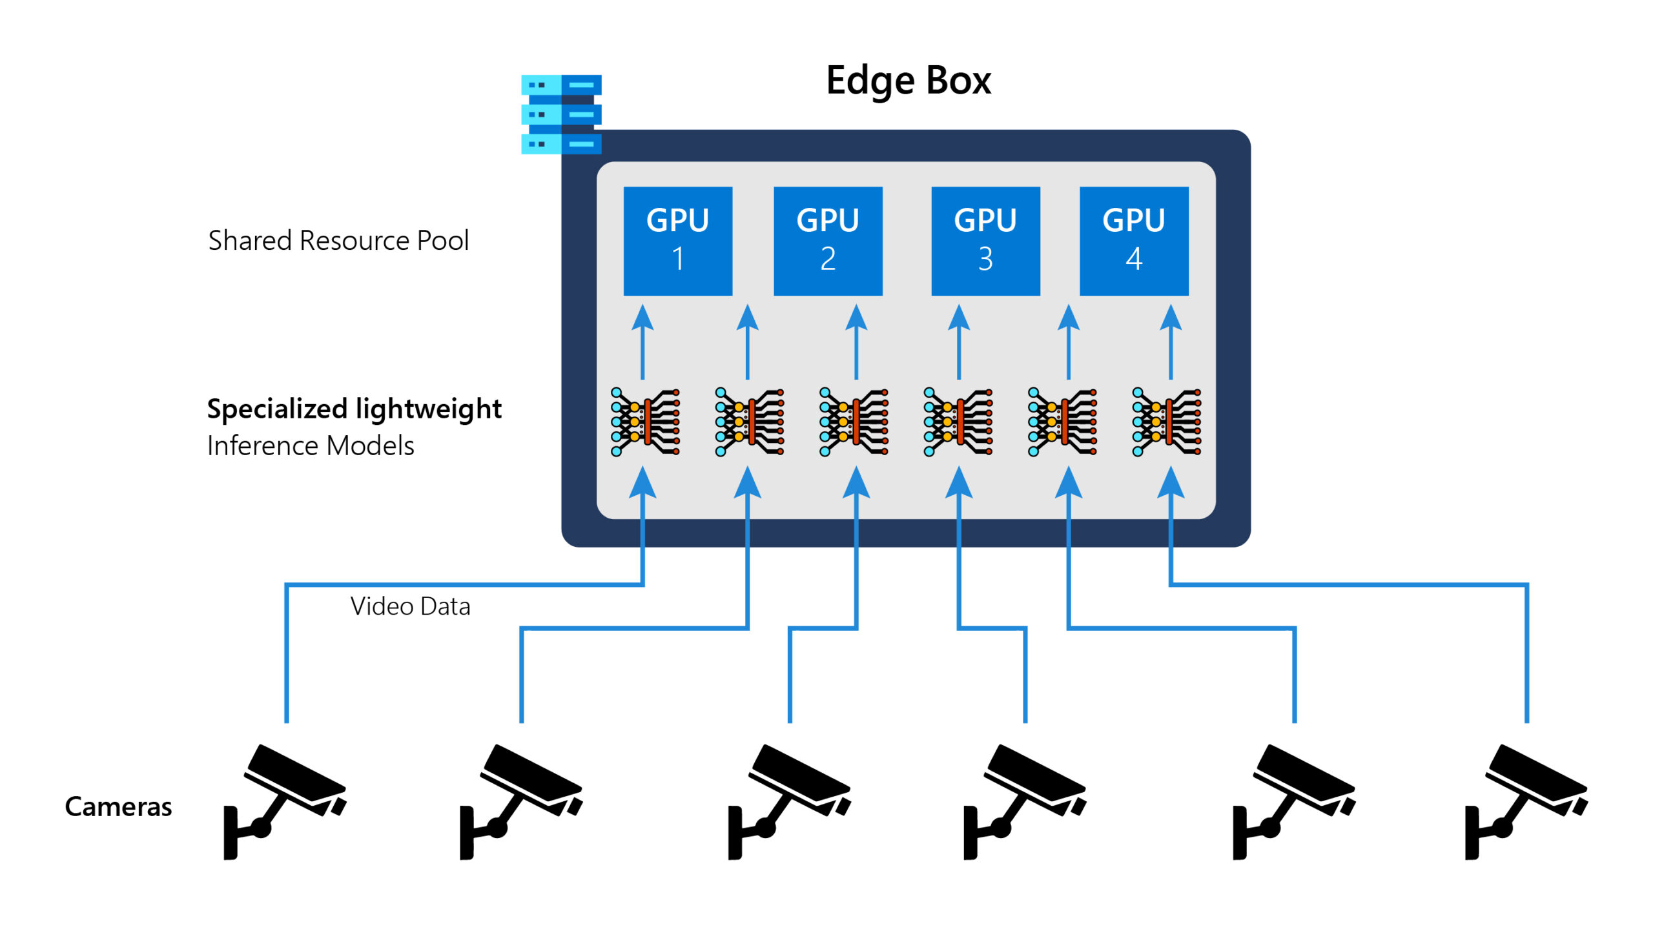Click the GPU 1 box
677,241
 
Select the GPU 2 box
828,241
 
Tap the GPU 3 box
985,241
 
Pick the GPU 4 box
1134,241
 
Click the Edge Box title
908,81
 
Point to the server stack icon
561,114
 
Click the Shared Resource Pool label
338,241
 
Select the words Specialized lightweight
354,409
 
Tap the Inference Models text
311,445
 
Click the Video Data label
410,607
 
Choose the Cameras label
118,806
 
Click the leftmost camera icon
284,801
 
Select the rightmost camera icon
1525,801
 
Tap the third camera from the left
788,801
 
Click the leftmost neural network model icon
645,422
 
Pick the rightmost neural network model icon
1166,422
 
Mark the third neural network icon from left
854,422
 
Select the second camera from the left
520,801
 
